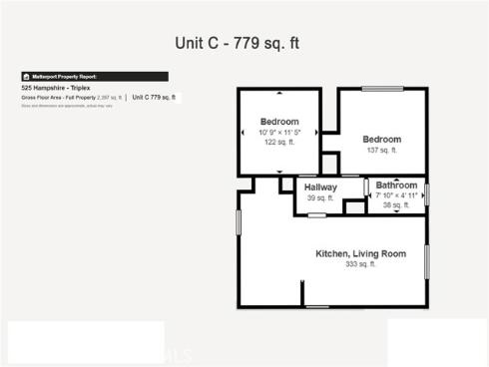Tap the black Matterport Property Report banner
coord(94,76)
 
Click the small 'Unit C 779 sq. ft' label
coord(154,98)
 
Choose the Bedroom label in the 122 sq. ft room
coord(279,122)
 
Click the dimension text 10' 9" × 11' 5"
coord(279,132)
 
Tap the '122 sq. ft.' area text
coord(279,142)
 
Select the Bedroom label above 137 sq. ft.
coord(381,139)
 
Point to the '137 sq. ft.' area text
coord(381,150)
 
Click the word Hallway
coord(320,187)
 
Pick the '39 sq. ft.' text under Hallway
coord(320,198)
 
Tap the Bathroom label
coord(396,185)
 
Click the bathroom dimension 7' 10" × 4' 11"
coord(397,196)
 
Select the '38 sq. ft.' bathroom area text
coord(397,206)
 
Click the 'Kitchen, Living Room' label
coord(360,254)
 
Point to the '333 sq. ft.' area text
coord(360,265)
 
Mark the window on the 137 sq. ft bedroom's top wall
coord(382,89)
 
